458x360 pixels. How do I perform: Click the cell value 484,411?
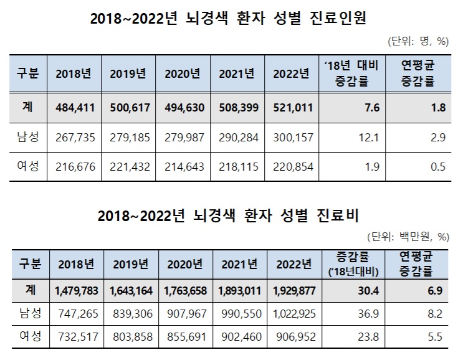[73, 107]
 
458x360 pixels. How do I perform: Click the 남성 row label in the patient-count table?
[27, 137]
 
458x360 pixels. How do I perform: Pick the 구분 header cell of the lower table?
[29, 264]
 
